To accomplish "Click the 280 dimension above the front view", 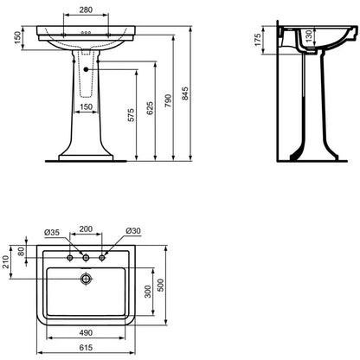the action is (86, 10).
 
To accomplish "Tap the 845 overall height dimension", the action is (185, 93).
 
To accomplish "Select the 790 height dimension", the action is (168, 100).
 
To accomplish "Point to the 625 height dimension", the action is (150, 108).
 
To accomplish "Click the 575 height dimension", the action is (131, 115).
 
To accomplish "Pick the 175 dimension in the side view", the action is (258, 40).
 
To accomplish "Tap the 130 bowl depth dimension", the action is (309, 35).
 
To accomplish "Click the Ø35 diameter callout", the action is (52, 232).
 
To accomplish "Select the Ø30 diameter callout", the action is (133, 231).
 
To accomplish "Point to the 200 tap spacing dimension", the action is (86, 229).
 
